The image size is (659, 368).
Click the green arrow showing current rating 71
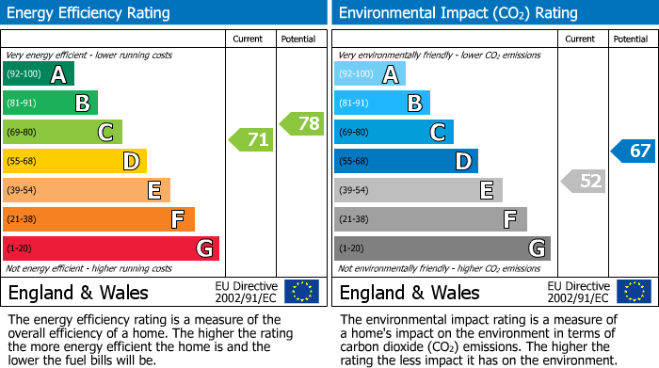pos(251,140)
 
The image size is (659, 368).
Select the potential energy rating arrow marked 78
pos(302,123)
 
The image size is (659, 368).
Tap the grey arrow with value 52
pos(583,181)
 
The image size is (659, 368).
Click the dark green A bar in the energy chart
pos(38,74)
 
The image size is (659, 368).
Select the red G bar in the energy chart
pos(110,248)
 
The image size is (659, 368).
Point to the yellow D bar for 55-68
pos(74,161)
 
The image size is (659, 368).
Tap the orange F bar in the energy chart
pos(98,219)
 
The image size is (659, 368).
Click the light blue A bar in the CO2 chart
pos(369,74)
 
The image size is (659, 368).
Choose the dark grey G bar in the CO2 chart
pos(442,248)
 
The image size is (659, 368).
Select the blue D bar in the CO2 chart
pos(406,161)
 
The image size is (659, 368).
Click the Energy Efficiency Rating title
pos(88,13)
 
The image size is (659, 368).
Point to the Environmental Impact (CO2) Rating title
pos(458,13)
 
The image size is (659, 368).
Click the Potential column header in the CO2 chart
pos(631,39)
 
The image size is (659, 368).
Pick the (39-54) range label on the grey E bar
pos(353,191)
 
